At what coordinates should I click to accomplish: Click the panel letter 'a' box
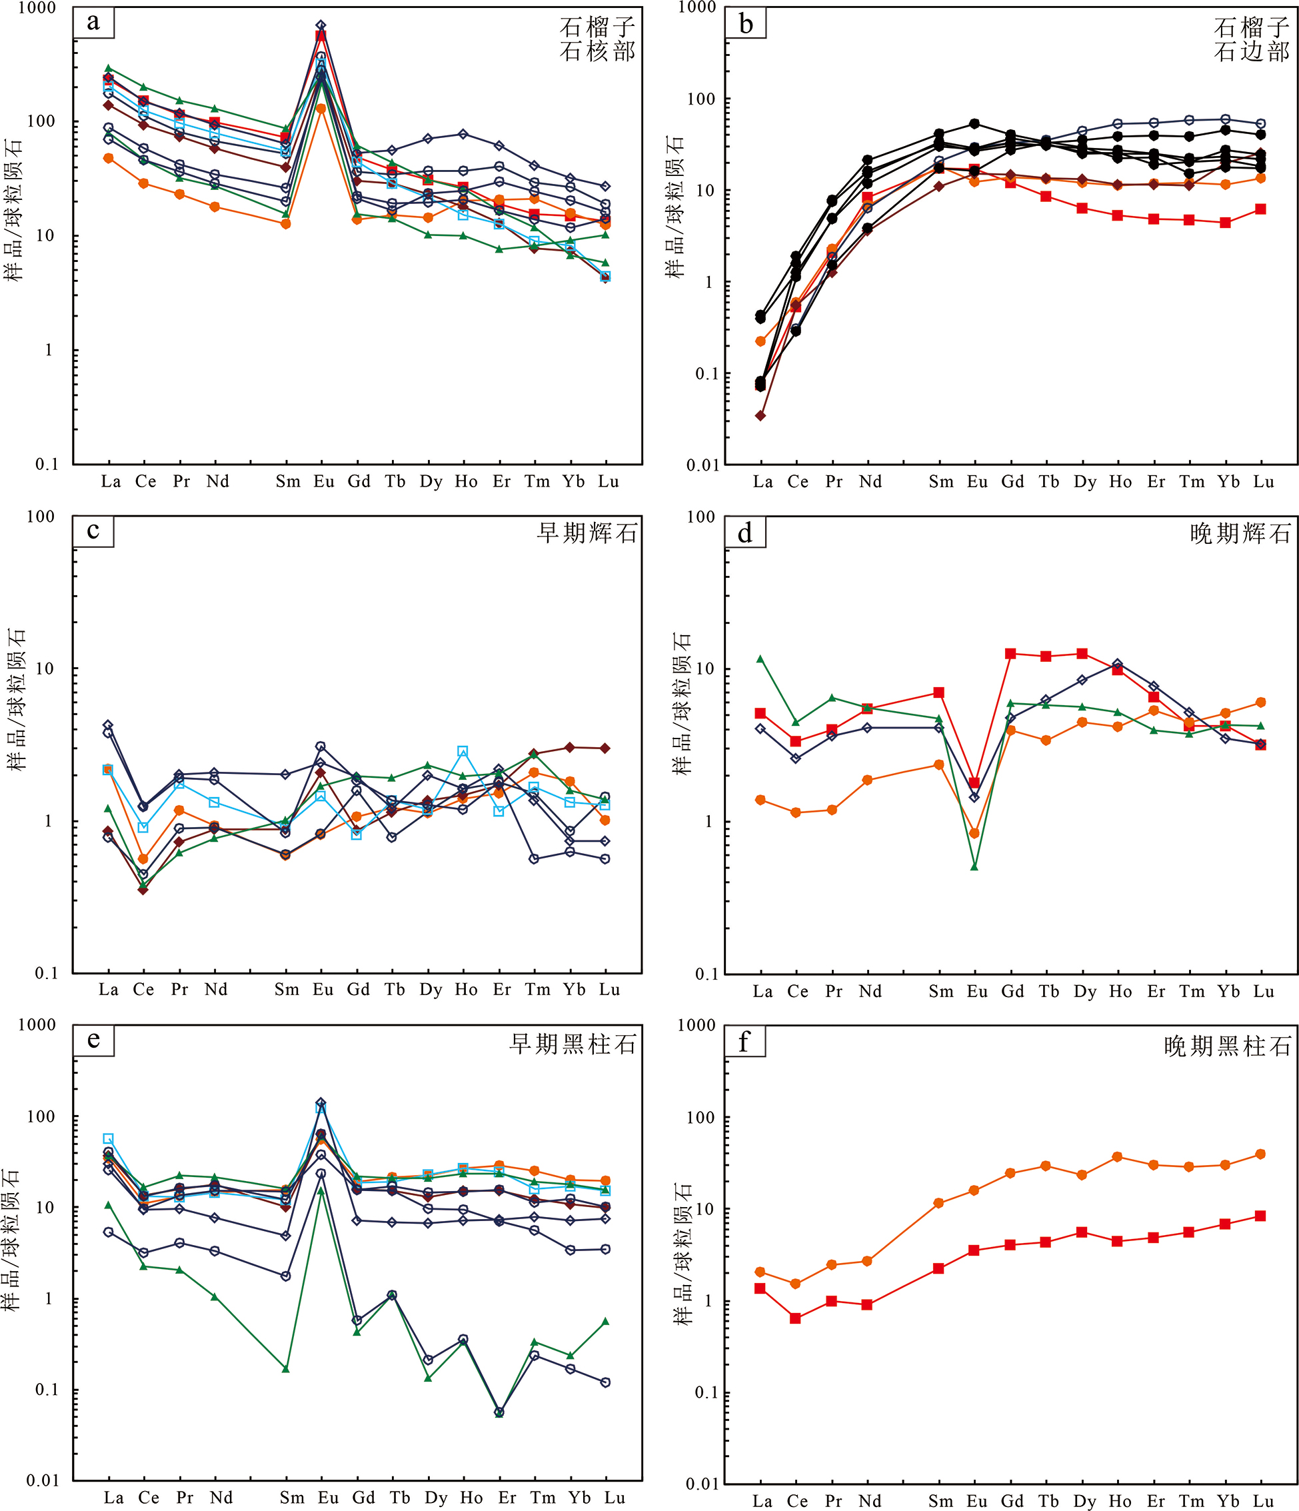tap(93, 23)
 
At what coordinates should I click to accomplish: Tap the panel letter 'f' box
tap(744, 1042)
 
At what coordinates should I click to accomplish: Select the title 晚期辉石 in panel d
tap(1240, 534)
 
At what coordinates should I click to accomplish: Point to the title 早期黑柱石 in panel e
tap(573, 1044)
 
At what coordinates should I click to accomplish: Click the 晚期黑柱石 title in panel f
tap(1228, 1046)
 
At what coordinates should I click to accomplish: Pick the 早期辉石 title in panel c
tap(587, 533)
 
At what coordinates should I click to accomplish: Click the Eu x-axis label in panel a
tap(324, 481)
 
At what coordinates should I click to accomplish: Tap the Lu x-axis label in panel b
tap(1264, 482)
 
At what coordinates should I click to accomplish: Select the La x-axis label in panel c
tap(109, 990)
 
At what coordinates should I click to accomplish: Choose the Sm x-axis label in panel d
tap(941, 992)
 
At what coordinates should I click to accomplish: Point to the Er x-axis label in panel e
tap(507, 1498)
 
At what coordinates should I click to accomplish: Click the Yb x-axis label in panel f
tap(1229, 1501)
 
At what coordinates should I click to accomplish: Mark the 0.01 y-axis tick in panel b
tap(703, 465)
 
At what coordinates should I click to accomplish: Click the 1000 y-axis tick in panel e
tap(37, 1024)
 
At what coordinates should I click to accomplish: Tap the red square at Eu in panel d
tap(974, 782)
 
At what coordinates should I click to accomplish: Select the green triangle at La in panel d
tap(760, 659)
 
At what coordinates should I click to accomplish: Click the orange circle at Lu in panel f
tap(1261, 1154)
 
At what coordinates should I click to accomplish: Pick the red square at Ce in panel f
tap(796, 1318)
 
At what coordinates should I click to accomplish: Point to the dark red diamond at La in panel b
tap(760, 416)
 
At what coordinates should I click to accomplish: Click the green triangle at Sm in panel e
tap(286, 1369)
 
